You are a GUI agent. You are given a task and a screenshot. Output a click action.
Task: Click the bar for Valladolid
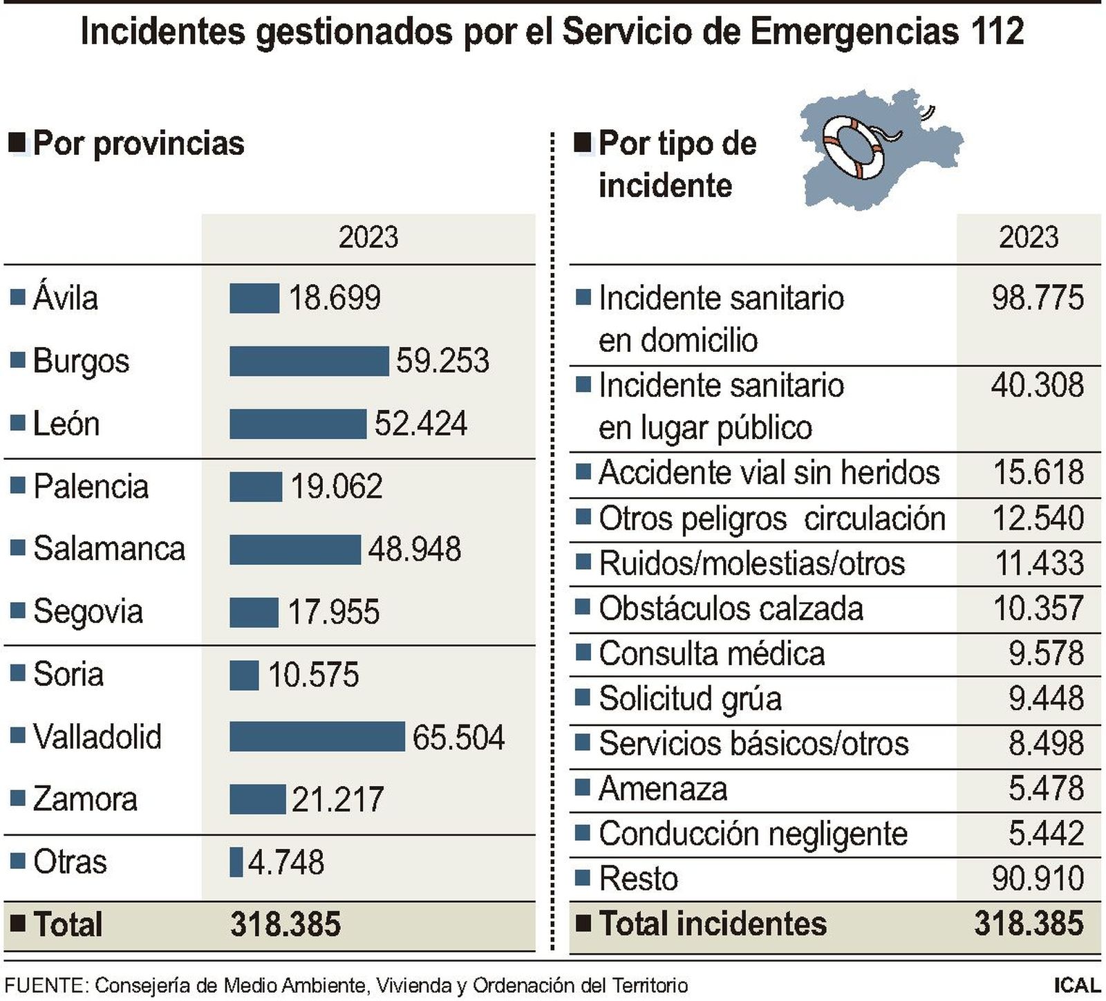tap(317, 736)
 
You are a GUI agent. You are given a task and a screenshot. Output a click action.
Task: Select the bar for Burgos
tap(309, 361)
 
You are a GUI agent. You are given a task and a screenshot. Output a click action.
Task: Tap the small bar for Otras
tap(236, 862)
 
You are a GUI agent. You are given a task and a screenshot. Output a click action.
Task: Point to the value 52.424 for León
tap(420, 424)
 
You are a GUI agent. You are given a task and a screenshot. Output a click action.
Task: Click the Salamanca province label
tap(109, 549)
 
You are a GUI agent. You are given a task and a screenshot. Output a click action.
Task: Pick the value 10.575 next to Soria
tap(313, 675)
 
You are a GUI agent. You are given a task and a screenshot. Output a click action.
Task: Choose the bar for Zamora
tap(257, 799)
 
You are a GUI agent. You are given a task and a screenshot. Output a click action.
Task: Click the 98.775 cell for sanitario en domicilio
tap(1037, 298)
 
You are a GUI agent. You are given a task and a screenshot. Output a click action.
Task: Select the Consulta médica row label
tap(711, 654)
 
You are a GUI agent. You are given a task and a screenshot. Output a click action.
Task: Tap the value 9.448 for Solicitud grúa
tap(1045, 699)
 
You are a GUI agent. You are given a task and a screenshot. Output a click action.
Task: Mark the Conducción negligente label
tap(753, 834)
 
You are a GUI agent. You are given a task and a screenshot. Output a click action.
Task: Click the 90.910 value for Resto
tap(1037, 879)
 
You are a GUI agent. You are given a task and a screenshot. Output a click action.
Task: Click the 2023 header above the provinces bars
tap(368, 238)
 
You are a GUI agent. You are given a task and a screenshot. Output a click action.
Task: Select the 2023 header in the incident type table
tap(1028, 238)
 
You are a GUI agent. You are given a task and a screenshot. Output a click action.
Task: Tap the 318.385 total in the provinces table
tap(285, 924)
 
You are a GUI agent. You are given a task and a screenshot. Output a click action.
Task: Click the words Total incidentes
tap(712, 924)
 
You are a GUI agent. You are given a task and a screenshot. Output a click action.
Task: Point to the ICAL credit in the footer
tap(1076, 985)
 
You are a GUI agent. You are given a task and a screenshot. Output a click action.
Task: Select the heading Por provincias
tap(138, 144)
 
